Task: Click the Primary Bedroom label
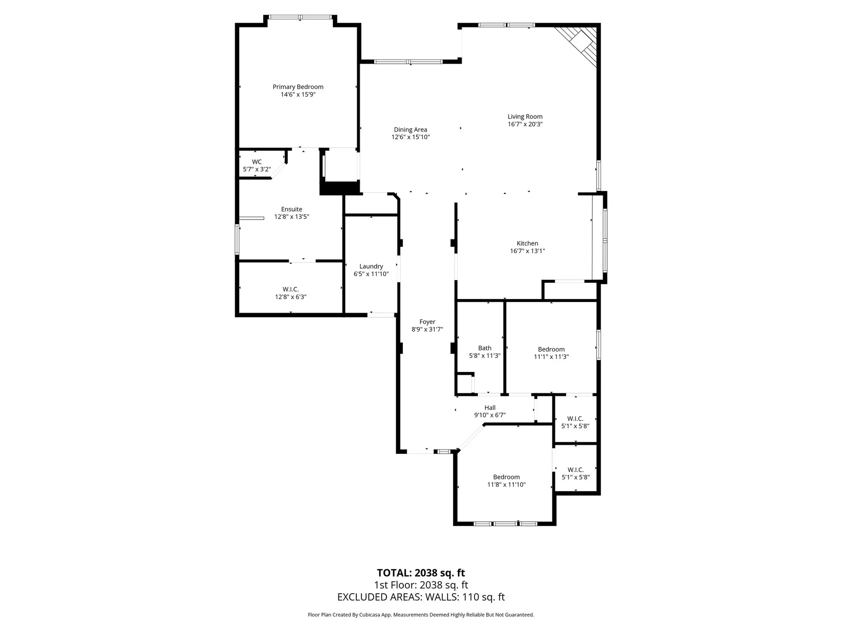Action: (298, 87)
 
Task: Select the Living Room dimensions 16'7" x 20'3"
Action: (525, 124)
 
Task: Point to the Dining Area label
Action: (410, 130)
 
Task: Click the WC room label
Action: (257, 162)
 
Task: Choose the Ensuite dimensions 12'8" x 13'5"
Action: (292, 217)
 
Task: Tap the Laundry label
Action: (371, 266)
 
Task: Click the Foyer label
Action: (427, 322)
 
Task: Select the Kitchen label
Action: (527, 243)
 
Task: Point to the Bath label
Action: (485, 348)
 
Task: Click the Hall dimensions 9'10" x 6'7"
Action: (490, 415)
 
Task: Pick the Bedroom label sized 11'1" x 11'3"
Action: (551, 349)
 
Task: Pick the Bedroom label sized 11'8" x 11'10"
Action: (506, 477)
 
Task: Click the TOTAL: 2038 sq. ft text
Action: (421, 573)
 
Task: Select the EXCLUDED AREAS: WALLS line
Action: (421, 597)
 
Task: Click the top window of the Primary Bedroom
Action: (300, 17)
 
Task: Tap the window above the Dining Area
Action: (408, 62)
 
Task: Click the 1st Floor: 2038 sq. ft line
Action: (421, 585)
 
